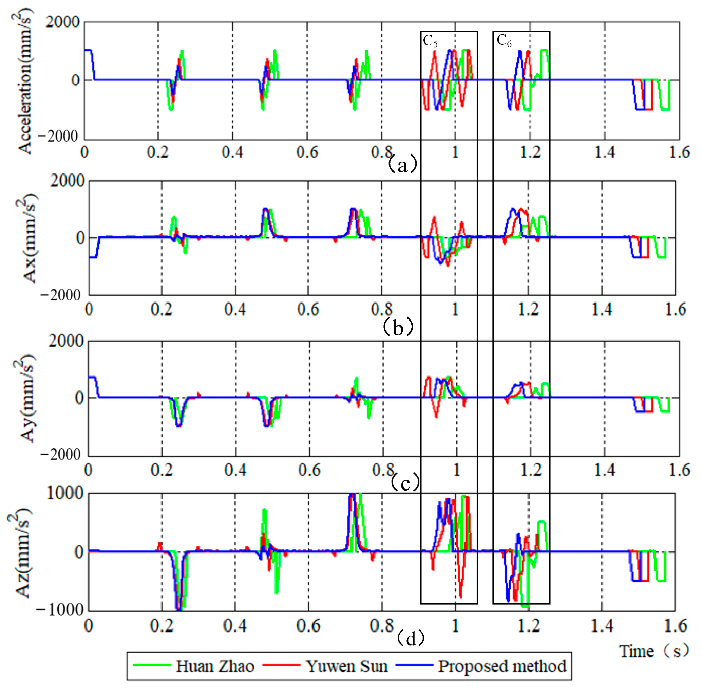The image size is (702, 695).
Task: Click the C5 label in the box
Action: pos(430,41)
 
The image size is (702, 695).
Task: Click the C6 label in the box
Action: pos(504,41)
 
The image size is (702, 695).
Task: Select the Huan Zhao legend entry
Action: pos(214,666)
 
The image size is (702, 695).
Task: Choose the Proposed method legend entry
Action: pos(502,666)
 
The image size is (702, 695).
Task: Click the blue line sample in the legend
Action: pos(415,665)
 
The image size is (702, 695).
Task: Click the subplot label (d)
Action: pos(410,639)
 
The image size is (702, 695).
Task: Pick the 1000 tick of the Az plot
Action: pos(65,494)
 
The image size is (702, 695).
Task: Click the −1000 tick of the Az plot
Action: pos(60,609)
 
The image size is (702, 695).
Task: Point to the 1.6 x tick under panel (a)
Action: pos(679,152)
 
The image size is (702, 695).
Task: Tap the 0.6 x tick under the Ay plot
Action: pos(309,470)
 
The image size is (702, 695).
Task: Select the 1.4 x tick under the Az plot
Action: pos(601,626)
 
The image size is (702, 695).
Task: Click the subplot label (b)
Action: pos(398,327)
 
